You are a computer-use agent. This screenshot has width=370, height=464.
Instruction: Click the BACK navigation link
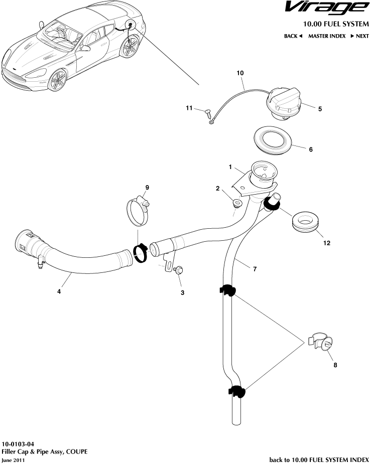[x=293, y=36]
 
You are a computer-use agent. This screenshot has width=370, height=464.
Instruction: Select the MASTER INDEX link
[x=326, y=36]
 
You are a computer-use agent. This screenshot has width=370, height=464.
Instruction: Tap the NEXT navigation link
[x=359, y=36]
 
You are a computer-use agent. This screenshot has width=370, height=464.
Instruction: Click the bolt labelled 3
[x=178, y=270]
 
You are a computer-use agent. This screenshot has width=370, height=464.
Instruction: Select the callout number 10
[x=240, y=73]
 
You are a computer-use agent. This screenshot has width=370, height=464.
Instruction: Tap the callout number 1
[x=230, y=167]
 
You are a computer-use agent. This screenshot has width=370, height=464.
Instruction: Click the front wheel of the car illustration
[x=57, y=79]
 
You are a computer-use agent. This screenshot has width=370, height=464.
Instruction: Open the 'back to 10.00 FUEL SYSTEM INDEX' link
[x=319, y=459]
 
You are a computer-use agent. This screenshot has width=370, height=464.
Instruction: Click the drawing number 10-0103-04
[x=18, y=444]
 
